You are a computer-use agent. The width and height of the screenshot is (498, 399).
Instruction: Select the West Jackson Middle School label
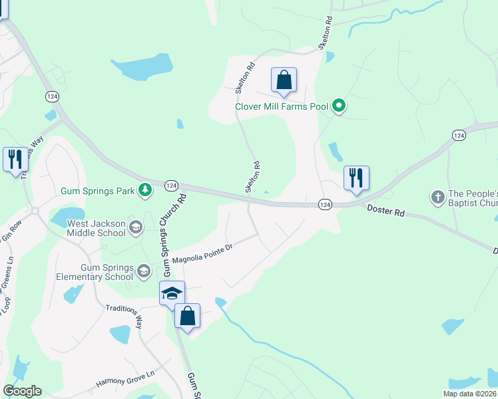[96, 228]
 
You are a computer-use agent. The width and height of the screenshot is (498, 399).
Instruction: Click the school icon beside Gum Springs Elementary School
[143, 270]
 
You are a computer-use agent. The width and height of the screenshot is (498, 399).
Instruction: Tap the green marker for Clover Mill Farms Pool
[339, 105]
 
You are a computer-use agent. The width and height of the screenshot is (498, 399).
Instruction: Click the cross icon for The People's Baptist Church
[437, 197]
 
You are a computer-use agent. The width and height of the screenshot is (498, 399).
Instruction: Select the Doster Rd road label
[386, 210]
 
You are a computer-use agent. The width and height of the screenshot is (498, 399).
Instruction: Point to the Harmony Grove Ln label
[124, 378]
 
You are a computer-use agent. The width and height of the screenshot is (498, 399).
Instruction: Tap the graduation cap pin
[171, 293]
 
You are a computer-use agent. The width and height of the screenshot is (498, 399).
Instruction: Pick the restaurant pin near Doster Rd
[356, 178]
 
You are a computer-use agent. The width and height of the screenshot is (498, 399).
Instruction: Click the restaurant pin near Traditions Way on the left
[15, 160]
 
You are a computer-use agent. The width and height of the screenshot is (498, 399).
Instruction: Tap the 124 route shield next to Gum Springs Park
[171, 185]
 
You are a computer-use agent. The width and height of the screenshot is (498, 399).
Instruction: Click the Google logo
[22, 391]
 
